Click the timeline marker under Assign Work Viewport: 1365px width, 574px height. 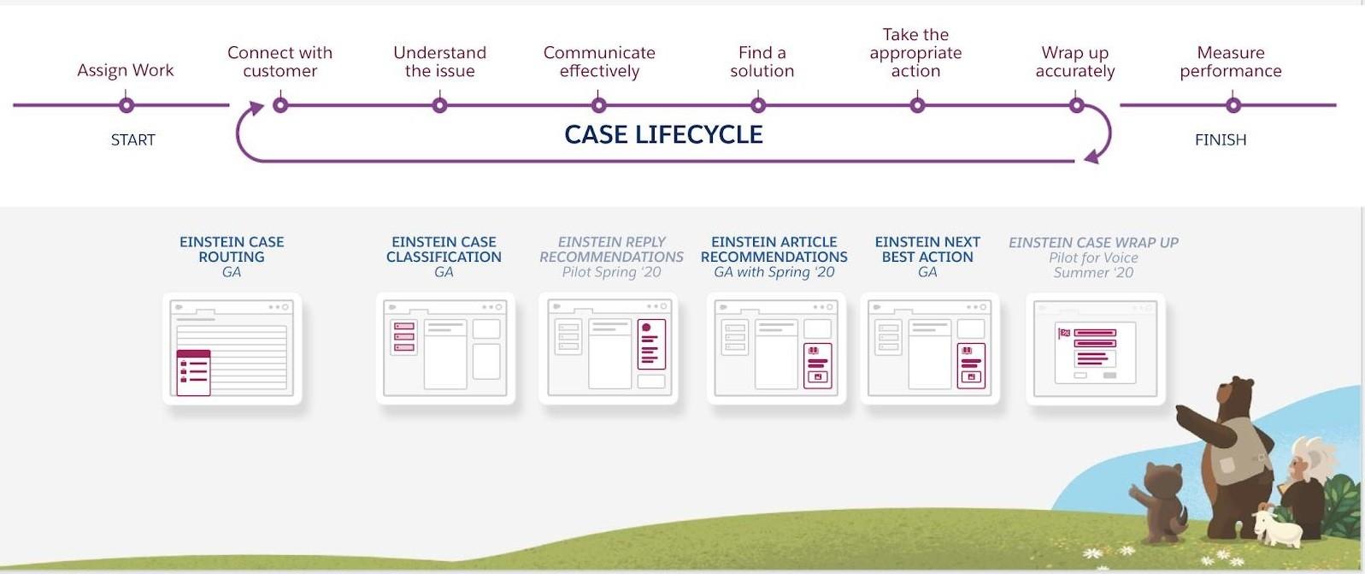click(x=126, y=105)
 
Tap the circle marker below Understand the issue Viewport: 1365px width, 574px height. click(x=439, y=105)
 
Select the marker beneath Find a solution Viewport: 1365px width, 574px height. click(x=758, y=105)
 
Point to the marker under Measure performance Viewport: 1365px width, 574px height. click(x=1233, y=105)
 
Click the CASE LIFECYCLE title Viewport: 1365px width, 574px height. click(x=663, y=134)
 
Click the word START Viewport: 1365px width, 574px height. click(x=132, y=139)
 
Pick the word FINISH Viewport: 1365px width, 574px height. click(x=1220, y=139)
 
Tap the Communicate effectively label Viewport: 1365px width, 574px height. click(x=599, y=62)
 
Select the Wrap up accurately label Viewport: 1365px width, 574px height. click(x=1074, y=62)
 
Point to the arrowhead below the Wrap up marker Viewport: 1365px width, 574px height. click(x=1091, y=157)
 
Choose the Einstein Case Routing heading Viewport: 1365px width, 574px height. click(x=232, y=249)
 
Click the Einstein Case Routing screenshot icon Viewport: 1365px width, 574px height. click(x=232, y=348)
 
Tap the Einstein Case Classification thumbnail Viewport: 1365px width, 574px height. click(x=444, y=348)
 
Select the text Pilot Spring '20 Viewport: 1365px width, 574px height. click(x=611, y=272)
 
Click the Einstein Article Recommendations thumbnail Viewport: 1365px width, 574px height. click(x=775, y=348)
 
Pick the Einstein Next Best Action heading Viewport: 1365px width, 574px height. click(x=927, y=249)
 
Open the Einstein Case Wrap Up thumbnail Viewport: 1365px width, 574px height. click(x=1095, y=348)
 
